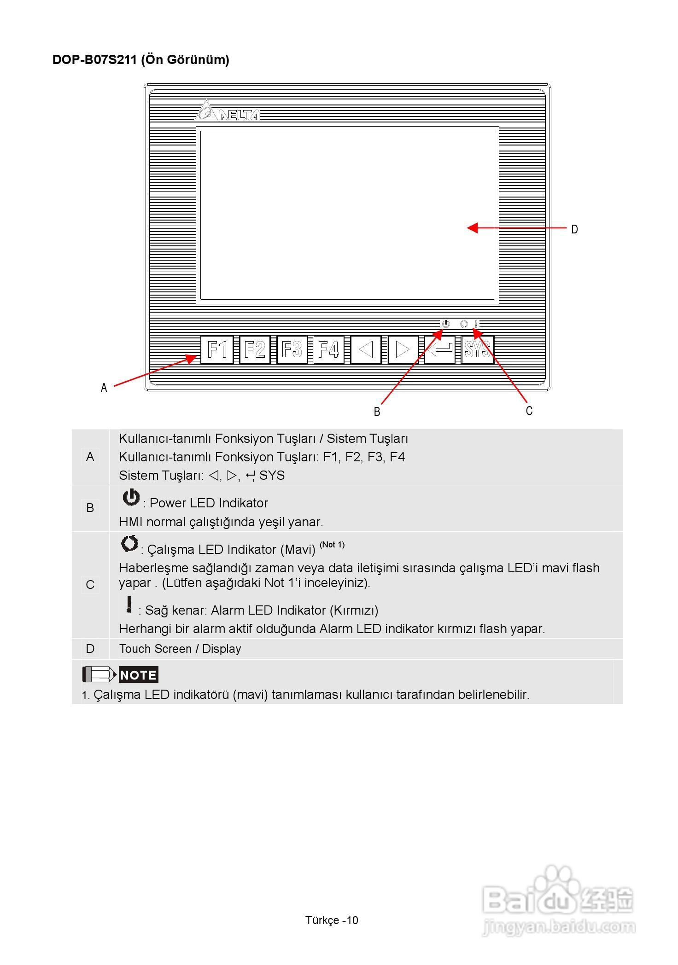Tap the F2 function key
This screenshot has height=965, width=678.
255,350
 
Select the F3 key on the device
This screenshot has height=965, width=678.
292,350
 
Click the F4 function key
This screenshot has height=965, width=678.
329,350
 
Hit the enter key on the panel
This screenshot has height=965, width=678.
439,350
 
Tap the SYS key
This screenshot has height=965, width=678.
478,350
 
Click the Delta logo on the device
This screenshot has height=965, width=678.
228,112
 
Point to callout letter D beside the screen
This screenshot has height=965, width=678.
574,229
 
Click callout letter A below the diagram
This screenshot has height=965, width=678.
104,388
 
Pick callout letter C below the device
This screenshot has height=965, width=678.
529,411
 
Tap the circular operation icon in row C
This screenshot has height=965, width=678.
129,544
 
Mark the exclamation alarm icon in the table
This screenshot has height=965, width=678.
129,605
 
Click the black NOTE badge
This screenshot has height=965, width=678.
138,675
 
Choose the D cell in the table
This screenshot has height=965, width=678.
90,649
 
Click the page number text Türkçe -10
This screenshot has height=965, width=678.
332,920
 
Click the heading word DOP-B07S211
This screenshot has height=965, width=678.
94,60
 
